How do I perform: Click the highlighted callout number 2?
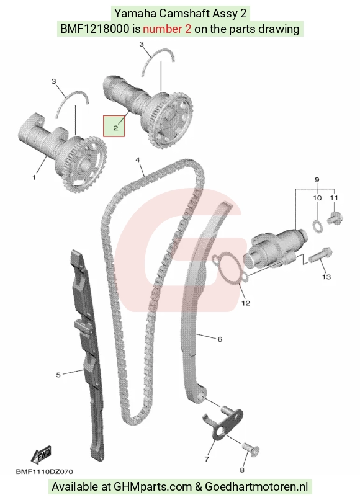pyautogui.click(x=115, y=128)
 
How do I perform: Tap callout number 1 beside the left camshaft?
pyautogui.click(x=34, y=177)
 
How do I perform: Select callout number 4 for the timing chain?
pyautogui.click(x=138, y=159)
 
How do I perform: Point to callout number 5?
pyautogui.click(x=58, y=375)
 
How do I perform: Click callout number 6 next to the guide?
pyautogui.click(x=220, y=339)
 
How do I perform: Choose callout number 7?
pyautogui.click(x=207, y=459)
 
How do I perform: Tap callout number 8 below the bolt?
pyautogui.click(x=242, y=470)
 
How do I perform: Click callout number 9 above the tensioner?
pyautogui.click(x=317, y=180)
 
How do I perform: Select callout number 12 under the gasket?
pyautogui.click(x=246, y=303)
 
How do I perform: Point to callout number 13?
pyautogui.click(x=326, y=277)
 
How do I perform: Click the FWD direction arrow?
pyautogui.click(x=41, y=454)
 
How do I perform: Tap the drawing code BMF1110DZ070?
pyautogui.click(x=44, y=471)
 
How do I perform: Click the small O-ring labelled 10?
pyautogui.click(x=317, y=226)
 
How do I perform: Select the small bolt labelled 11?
pyautogui.click(x=335, y=218)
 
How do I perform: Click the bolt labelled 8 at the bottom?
pyautogui.click(x=251, y=449)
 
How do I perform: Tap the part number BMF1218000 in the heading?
pyautogui.click(x=96, y=29)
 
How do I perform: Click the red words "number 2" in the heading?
pyautogui.click(x=167, y=29)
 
